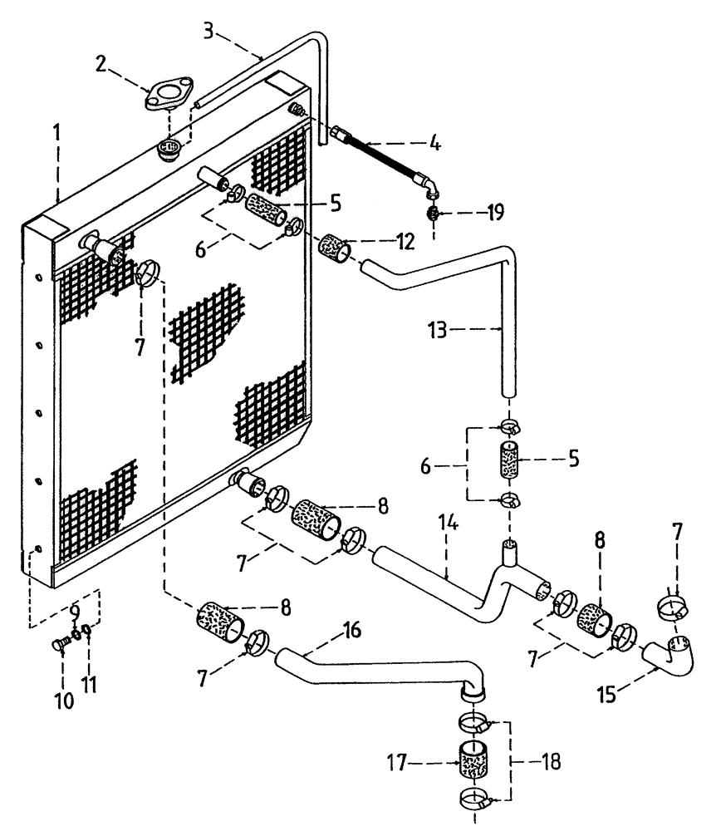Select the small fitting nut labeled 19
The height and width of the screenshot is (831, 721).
point(433,214)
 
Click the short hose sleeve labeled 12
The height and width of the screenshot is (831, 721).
point(337,247)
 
